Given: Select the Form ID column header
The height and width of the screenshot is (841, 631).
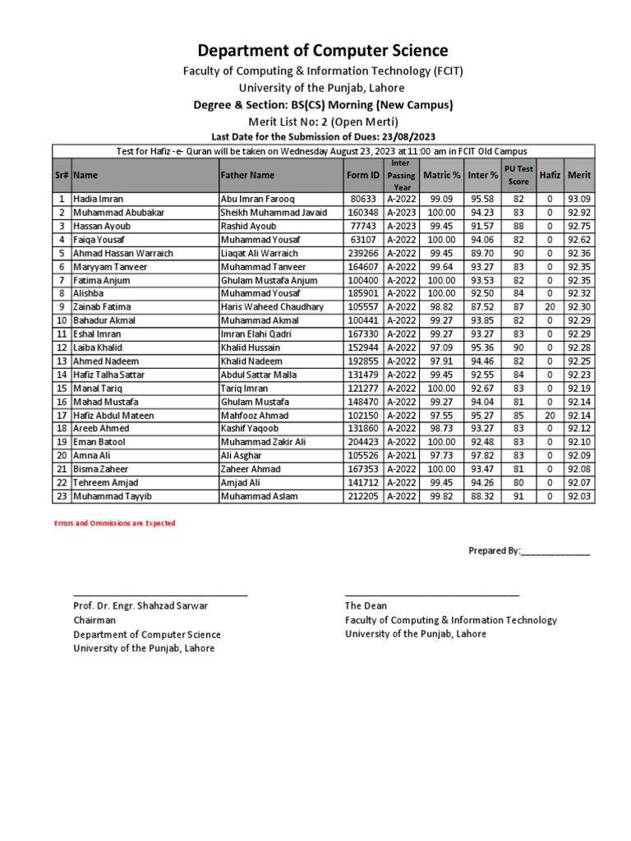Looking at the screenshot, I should (363, 175).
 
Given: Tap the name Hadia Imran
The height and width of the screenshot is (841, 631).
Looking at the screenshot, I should (98, 199).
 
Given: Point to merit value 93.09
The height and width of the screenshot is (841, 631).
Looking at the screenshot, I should (578, 199).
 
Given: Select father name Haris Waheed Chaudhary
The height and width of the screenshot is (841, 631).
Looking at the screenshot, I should (272, 307).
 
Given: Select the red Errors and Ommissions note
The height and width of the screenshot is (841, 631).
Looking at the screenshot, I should (114, 523).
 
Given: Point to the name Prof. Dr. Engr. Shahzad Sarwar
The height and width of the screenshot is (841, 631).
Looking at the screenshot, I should (140, 606).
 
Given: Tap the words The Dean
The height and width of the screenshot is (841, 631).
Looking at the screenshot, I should (366, 606).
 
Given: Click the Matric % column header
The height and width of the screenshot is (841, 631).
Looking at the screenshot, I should (441, 175).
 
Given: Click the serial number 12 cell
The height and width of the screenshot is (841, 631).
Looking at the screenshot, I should (61, 347).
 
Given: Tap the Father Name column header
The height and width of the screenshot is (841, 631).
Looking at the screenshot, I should (247, 175).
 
